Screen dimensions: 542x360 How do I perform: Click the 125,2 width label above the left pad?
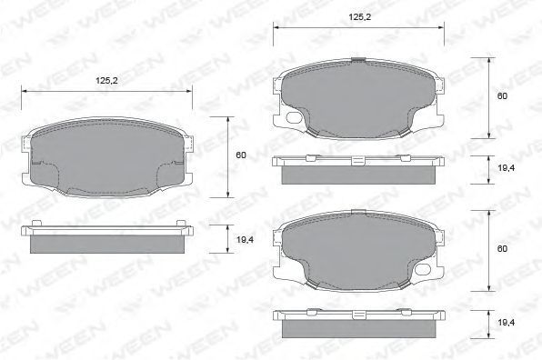(x=106, y=81)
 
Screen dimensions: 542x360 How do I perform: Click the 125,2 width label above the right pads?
(x=359, y=17)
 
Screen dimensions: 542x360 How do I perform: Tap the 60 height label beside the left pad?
(x=241, y=155)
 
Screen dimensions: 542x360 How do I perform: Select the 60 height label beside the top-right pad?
(x=502, y=95)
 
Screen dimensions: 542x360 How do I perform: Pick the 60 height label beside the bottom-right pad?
(x=502, y=249)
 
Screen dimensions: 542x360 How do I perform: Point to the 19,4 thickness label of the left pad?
(x=245, y=239)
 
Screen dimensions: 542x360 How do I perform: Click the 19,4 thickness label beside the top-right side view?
(x=507, y=168)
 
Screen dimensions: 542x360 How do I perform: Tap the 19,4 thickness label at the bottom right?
(x=507, y=323)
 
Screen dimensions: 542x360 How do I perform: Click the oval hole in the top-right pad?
(x=294, y=117)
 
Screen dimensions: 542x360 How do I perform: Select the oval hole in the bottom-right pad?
(x=423, y=269)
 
